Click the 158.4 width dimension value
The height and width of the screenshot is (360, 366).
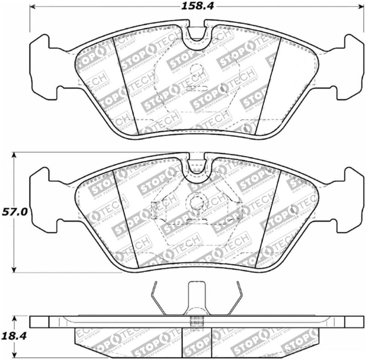coord(193,6)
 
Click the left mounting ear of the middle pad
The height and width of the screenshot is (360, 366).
coord(41,199)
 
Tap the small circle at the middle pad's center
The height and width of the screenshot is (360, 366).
coord(197,201)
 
